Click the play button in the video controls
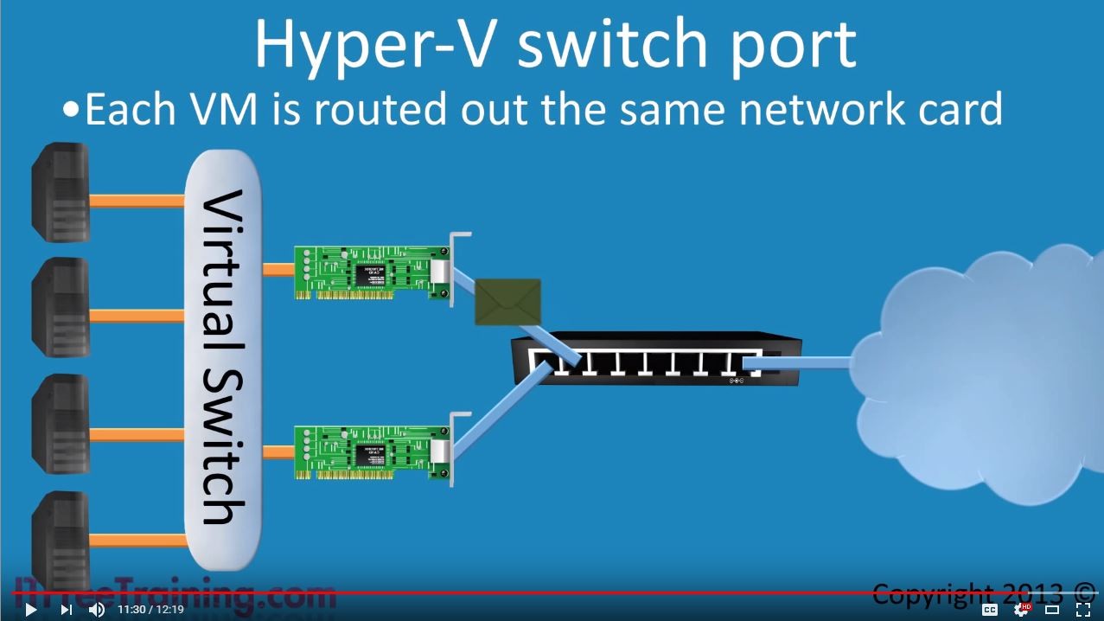pyautogui.click(x=30, y=610)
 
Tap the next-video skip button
pyautogui.click(x=66, y=610)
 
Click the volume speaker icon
pyautogui.click(x=97, y=610)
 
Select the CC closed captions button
pyautogui.click(x=990, y=610)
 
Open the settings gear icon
pyautogui.click(x=1022, y=610)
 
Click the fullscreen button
pyautogui.click(x=1082, y=610)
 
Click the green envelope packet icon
pyautogui.click(x=507, y=302)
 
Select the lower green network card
pyautogui.click(x=372, y=451)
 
